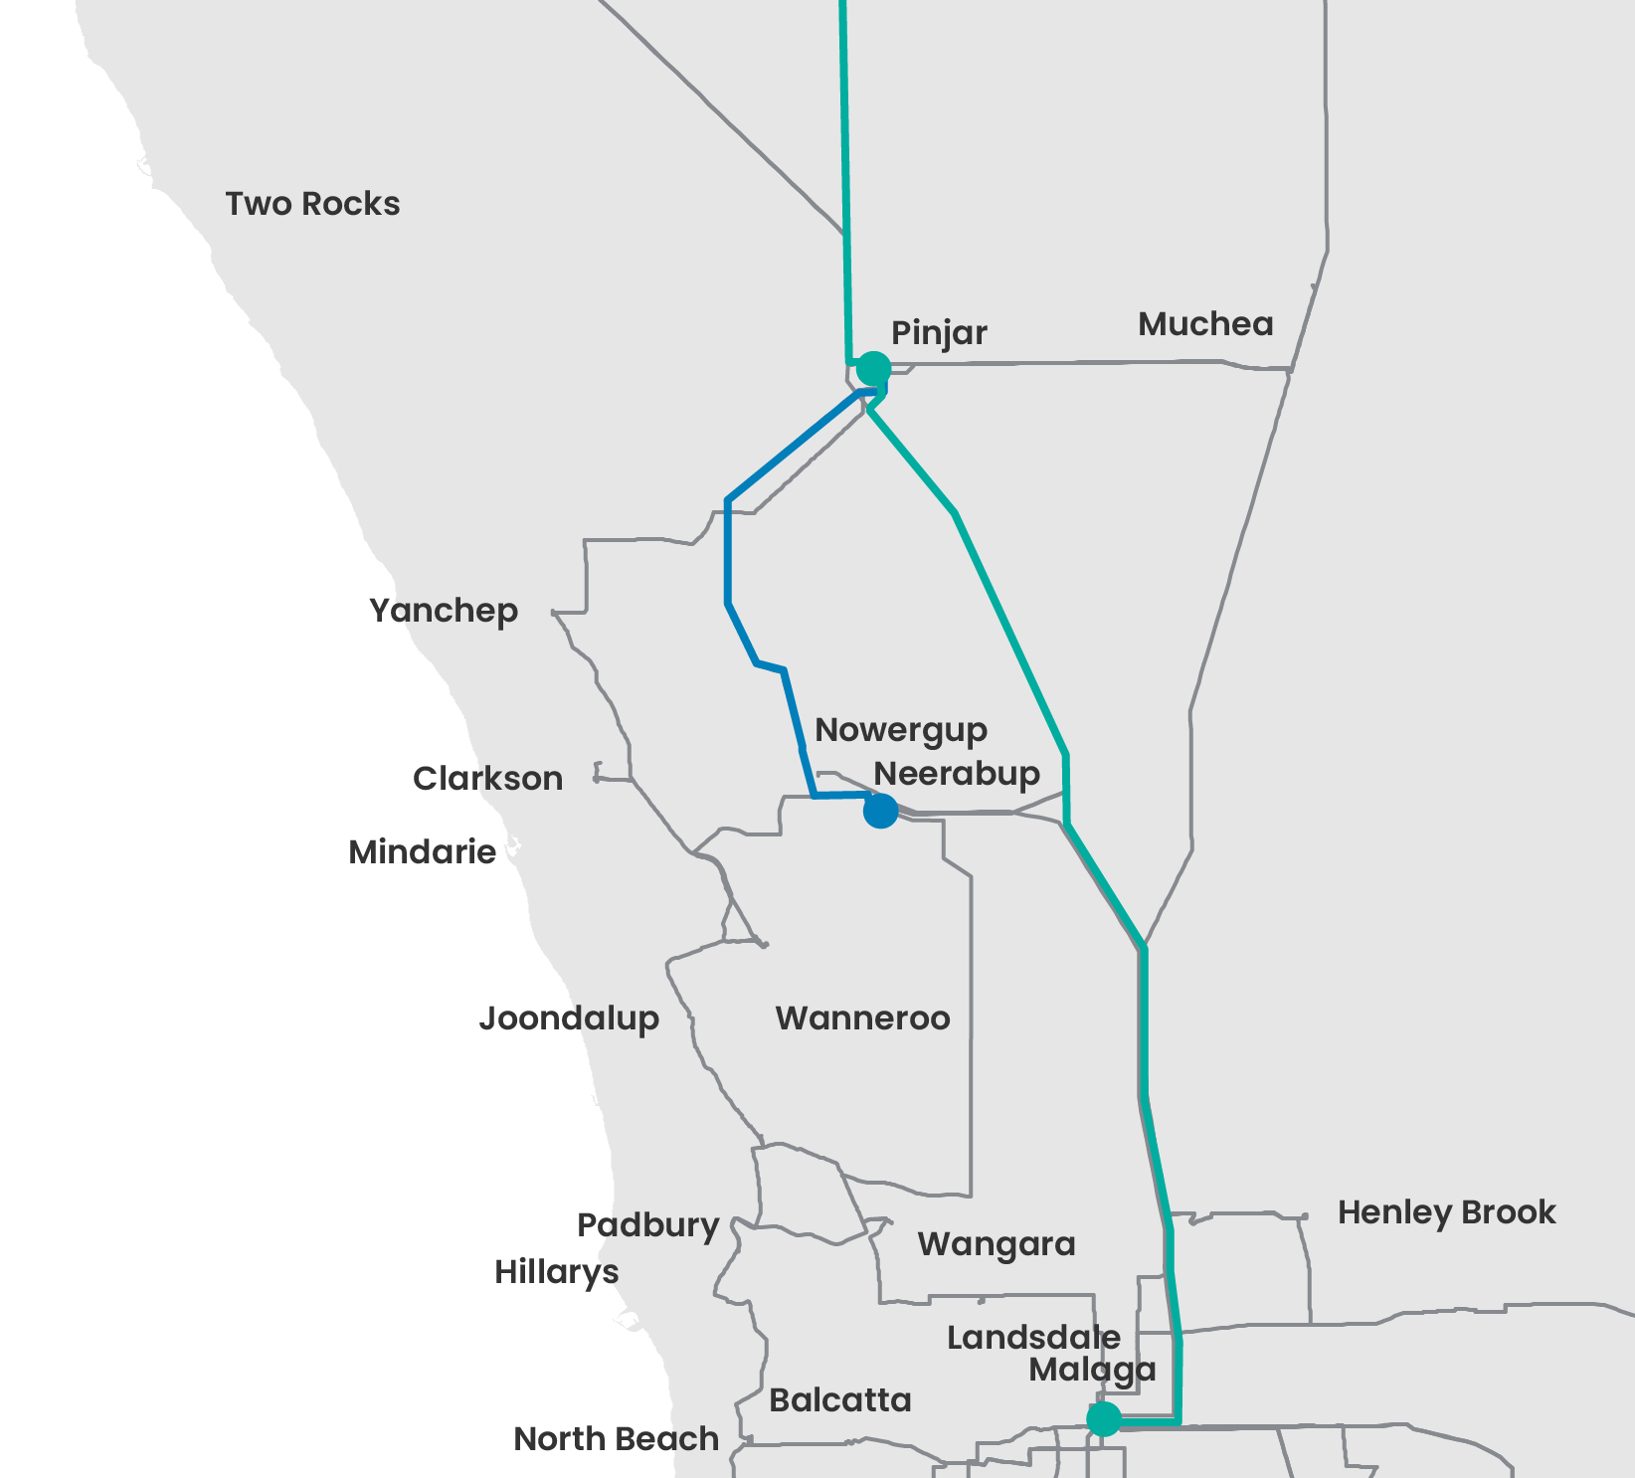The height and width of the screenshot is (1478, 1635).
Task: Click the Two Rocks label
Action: (x=312, y=204)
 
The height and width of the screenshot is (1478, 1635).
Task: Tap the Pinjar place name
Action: (x=939, y=333)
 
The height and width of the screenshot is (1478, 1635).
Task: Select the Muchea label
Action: (x=1205, y=324)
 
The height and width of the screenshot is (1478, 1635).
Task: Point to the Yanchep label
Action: (x=444, y=611)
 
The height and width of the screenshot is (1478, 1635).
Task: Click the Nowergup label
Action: (x=901, y=731)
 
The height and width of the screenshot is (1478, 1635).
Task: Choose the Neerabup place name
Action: (x=957, y=774)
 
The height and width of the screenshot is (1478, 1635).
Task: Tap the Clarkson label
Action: (x=487, y=779)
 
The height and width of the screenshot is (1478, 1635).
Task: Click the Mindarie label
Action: (x=422, y=852)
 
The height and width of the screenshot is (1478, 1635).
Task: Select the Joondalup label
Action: (x=569, y=1018)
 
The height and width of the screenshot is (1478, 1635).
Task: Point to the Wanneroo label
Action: (x=862, y=1018)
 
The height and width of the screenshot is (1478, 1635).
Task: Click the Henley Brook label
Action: (x=1446, y=1212)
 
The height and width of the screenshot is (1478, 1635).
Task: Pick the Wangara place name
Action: (x=997, y=1244)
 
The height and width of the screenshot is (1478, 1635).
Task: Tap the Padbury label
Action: (x=648, y=1225)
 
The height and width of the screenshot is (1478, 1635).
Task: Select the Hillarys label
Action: (x=557, y=1272)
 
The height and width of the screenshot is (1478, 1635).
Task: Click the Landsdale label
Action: (x=1033, y=1338)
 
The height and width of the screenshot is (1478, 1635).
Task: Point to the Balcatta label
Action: (x=840, y=1400)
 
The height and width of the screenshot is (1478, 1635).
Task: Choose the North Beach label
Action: (x=617, y=1439)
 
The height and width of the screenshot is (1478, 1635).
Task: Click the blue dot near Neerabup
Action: (x=880, y=811)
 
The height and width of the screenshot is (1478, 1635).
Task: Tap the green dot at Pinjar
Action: (x=873, y=368)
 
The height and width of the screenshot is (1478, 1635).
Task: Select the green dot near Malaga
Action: (x=1103, y=1419)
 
